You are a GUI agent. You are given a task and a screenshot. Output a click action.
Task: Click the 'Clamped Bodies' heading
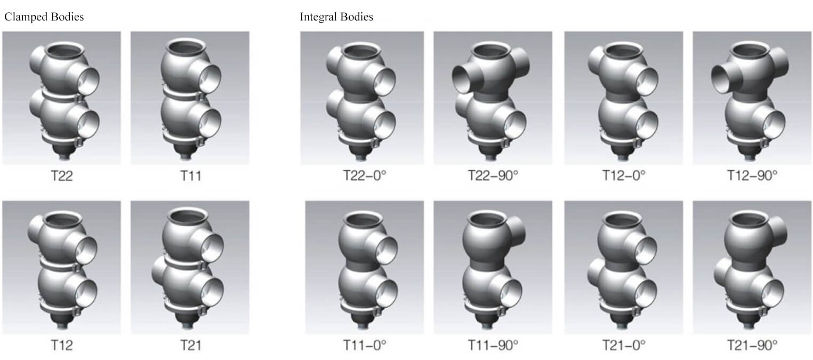click(44, 17)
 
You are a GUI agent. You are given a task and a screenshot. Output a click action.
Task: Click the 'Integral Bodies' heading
click(336, 17)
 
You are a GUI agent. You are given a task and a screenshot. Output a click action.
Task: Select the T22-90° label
click(493, 175)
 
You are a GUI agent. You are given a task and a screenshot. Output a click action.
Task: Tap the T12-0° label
click(624, 175)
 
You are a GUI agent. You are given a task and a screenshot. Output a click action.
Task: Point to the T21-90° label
click(752, 345)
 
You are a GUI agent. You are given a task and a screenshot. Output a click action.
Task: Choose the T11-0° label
click(365, 345)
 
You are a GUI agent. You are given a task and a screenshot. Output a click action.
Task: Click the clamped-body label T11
click(190, 176)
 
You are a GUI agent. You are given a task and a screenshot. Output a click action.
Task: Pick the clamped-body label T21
click(190, 345)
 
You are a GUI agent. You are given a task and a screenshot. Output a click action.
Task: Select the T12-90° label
click(752, 175)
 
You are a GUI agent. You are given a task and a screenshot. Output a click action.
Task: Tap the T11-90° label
click(493, 345)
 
